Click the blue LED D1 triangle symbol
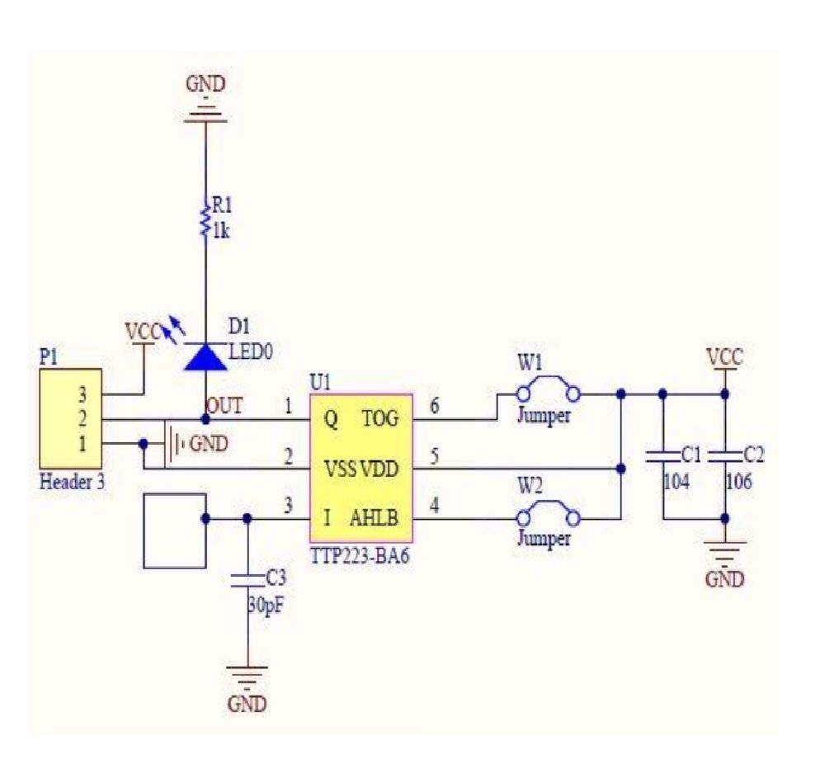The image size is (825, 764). pyautogui.click(x=205, y=356)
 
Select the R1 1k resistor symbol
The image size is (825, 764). pyautogui.click(x=205, y=219)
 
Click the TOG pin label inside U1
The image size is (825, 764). pyautogui.click(x=380, y=420)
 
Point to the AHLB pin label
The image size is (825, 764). pyautogui.click(x=375, y=519)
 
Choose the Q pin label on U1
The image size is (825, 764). pyautogui.click(x=330, y=420)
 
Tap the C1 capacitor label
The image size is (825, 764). pyautogui.click(x=691, y=455)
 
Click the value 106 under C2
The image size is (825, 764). pyautogui.click(x=738, y=482)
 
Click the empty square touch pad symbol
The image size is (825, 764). pyautogui.click(x=174, y=531)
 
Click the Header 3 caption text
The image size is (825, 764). pyautogui.click(x=72, y=483)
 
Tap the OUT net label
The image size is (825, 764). pyautogui.click(x=224, y=405)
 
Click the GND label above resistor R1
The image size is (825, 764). pyautogui.click(x=205, y=84)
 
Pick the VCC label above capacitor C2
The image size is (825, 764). pyautogui.click(x=724, y=357)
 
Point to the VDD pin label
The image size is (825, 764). pyautogui.click(x=379, y=469)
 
